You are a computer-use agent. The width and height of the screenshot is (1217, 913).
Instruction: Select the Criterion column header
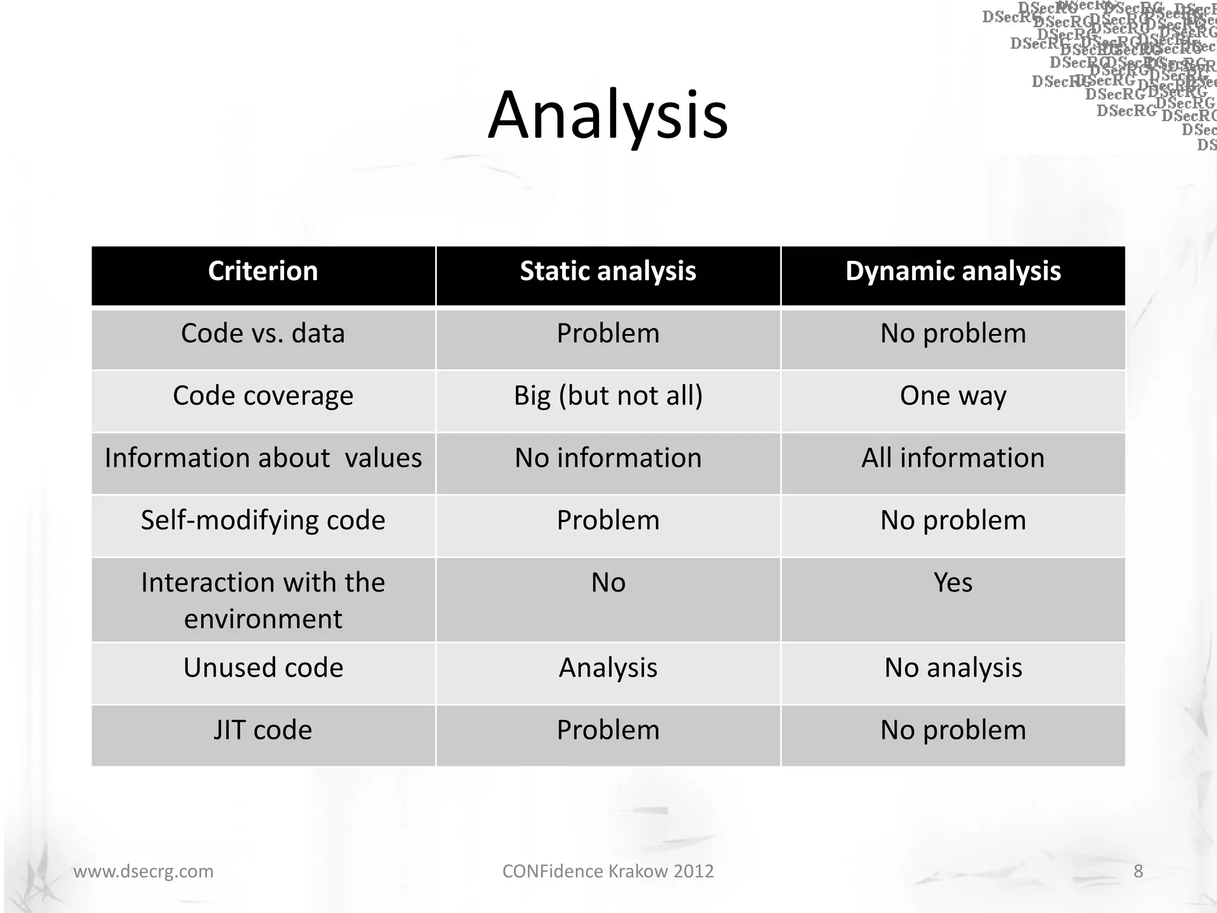pos(263,271)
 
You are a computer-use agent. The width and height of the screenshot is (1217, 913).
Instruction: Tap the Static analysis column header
pos(608,271)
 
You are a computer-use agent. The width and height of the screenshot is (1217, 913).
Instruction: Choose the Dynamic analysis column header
pos(953,271)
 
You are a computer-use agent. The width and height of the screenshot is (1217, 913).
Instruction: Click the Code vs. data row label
pos(263,333)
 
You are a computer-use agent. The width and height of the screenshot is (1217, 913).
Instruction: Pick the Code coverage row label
pos(263,396)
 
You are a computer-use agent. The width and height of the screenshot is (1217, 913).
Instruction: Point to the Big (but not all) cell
pos(608,396)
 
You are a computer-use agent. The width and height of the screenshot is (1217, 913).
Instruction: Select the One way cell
pos(953,396)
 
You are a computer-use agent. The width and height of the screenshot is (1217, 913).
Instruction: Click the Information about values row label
pos(263,458)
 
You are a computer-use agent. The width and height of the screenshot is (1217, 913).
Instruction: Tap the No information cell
pos(608,458)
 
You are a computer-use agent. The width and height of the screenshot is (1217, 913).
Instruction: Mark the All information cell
pos(953,458)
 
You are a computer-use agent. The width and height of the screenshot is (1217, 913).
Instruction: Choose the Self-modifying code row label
pos(263,521)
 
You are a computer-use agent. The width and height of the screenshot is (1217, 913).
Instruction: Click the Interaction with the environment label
pos(263,600)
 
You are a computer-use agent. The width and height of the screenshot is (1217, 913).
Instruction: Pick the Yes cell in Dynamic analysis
pos(953,583)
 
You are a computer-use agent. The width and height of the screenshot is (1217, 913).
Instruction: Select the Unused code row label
pos(263,668)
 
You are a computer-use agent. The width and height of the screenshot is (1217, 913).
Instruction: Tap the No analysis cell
pos(953,668)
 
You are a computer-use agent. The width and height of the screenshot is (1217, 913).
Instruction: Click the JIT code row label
pos(263,731)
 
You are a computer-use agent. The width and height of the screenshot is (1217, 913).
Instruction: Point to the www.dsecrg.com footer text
pos(143,871)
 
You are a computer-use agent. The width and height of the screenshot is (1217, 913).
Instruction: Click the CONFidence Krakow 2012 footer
pos(608,871)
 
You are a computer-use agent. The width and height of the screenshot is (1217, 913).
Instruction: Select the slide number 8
pos(1138,871)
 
